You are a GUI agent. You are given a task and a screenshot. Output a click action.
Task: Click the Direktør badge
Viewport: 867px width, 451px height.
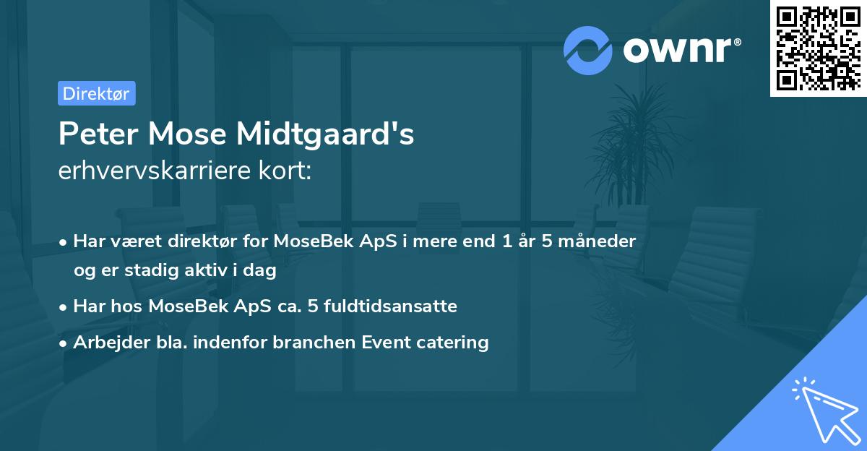[x=96, y=93]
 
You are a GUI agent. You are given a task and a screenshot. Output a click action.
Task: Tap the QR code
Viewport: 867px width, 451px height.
[x=818, y=48]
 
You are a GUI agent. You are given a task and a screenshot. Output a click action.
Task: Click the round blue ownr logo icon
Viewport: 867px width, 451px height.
[x=588, y=50]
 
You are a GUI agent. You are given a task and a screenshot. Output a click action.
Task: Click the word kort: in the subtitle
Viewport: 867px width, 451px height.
[x=288, y=171]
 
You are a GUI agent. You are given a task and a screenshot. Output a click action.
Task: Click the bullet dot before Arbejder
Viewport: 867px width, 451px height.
[x=64, y=343]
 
